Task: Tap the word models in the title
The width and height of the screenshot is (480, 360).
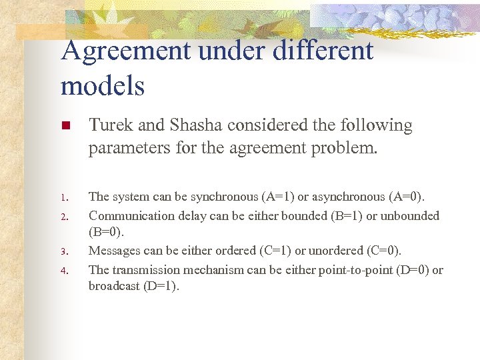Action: pyautogui.click(x=102, y=85)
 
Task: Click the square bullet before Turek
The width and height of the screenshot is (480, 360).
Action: pyautogui.click(x=65, y=126)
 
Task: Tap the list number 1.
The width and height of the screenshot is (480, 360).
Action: pyautogui.click(x=63, y=198)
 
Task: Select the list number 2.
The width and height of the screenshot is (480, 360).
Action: pyautogui.click(x=63, y=217)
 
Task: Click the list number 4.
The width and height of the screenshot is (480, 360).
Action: pyautogui.click(x=63, y=271)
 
